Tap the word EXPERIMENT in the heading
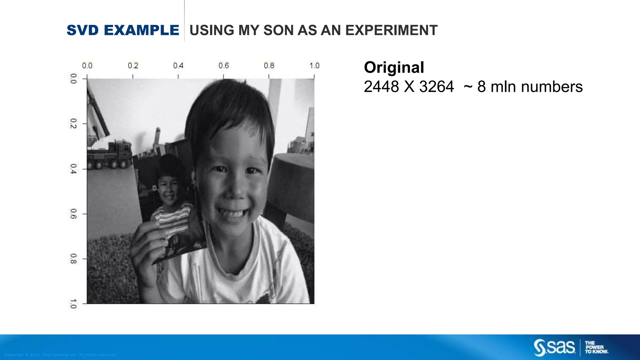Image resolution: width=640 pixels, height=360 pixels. [x=391, y=30]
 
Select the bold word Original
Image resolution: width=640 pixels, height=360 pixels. [x=394, y=67]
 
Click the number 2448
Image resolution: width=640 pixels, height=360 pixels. [x=381, y=87]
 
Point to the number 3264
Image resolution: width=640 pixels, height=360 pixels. [x=436, y=87]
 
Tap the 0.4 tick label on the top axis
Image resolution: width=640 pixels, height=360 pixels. [x=178, y=66]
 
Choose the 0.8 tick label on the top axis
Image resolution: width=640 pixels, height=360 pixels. [x=269, y=66]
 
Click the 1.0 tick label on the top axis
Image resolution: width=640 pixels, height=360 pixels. [x=314, y=66]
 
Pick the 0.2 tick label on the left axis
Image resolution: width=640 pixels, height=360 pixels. [x=73, y=123]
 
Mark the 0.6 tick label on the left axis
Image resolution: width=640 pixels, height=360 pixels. [x=73, y=214]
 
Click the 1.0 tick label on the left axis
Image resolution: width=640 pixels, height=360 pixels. [x=73, y=304]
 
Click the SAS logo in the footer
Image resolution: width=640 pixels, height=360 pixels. [x=554, y=347]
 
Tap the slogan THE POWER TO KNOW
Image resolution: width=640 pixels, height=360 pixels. [x=596, y=347]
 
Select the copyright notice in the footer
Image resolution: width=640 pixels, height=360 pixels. [x=61, y=355]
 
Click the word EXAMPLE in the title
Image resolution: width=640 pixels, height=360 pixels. [x=141, y=30]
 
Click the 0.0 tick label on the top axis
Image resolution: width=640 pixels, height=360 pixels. [x=87, y=66]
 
